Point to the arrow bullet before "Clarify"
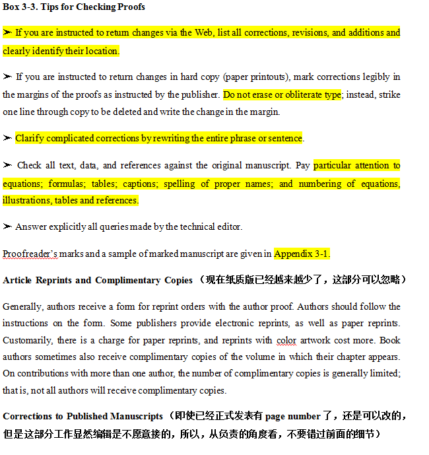click(x=7, y=138)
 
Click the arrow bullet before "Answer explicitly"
click(x=7, y=227)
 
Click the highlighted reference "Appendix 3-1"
click(x=301, y=254)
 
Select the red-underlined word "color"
click(x=286, y=340)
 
